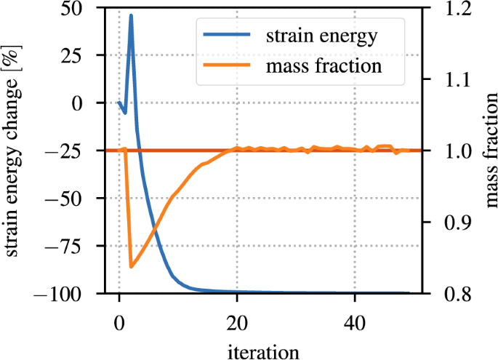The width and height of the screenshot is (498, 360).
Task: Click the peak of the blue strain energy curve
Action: (131, 15)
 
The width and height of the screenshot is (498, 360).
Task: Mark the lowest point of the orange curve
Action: (131, 267)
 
